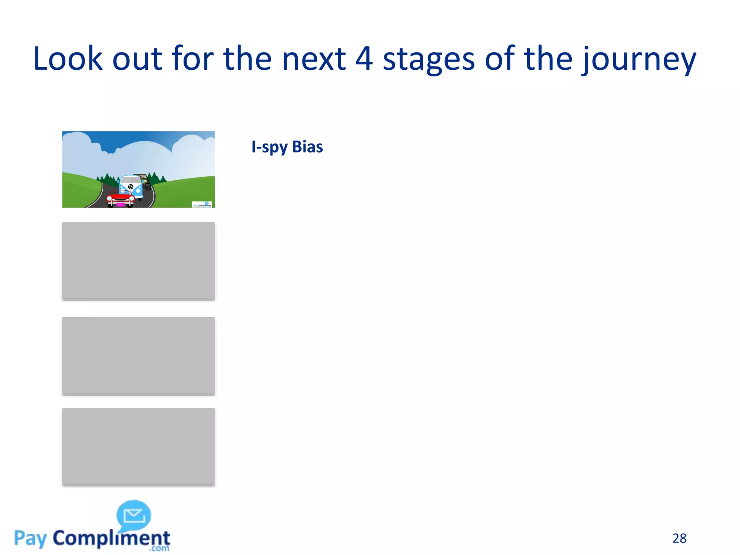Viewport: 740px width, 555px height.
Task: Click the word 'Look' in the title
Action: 68,59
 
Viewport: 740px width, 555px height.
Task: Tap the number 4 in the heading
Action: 364,59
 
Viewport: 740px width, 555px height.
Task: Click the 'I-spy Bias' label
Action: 287,147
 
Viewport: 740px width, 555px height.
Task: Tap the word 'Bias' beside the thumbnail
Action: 307,147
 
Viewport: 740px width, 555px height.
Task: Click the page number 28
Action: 679,538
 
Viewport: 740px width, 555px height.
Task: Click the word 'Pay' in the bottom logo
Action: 30,539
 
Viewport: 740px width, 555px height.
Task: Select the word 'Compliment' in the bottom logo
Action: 111,539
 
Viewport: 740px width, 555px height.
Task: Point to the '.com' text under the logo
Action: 159,548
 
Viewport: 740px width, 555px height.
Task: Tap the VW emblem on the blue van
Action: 130,187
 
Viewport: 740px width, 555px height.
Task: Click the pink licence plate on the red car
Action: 120,205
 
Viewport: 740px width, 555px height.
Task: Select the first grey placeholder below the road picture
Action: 138,261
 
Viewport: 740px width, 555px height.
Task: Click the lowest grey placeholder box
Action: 138,447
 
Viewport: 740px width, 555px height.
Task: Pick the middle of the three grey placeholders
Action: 138,356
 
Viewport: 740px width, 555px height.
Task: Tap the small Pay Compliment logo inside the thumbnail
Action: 202,205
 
